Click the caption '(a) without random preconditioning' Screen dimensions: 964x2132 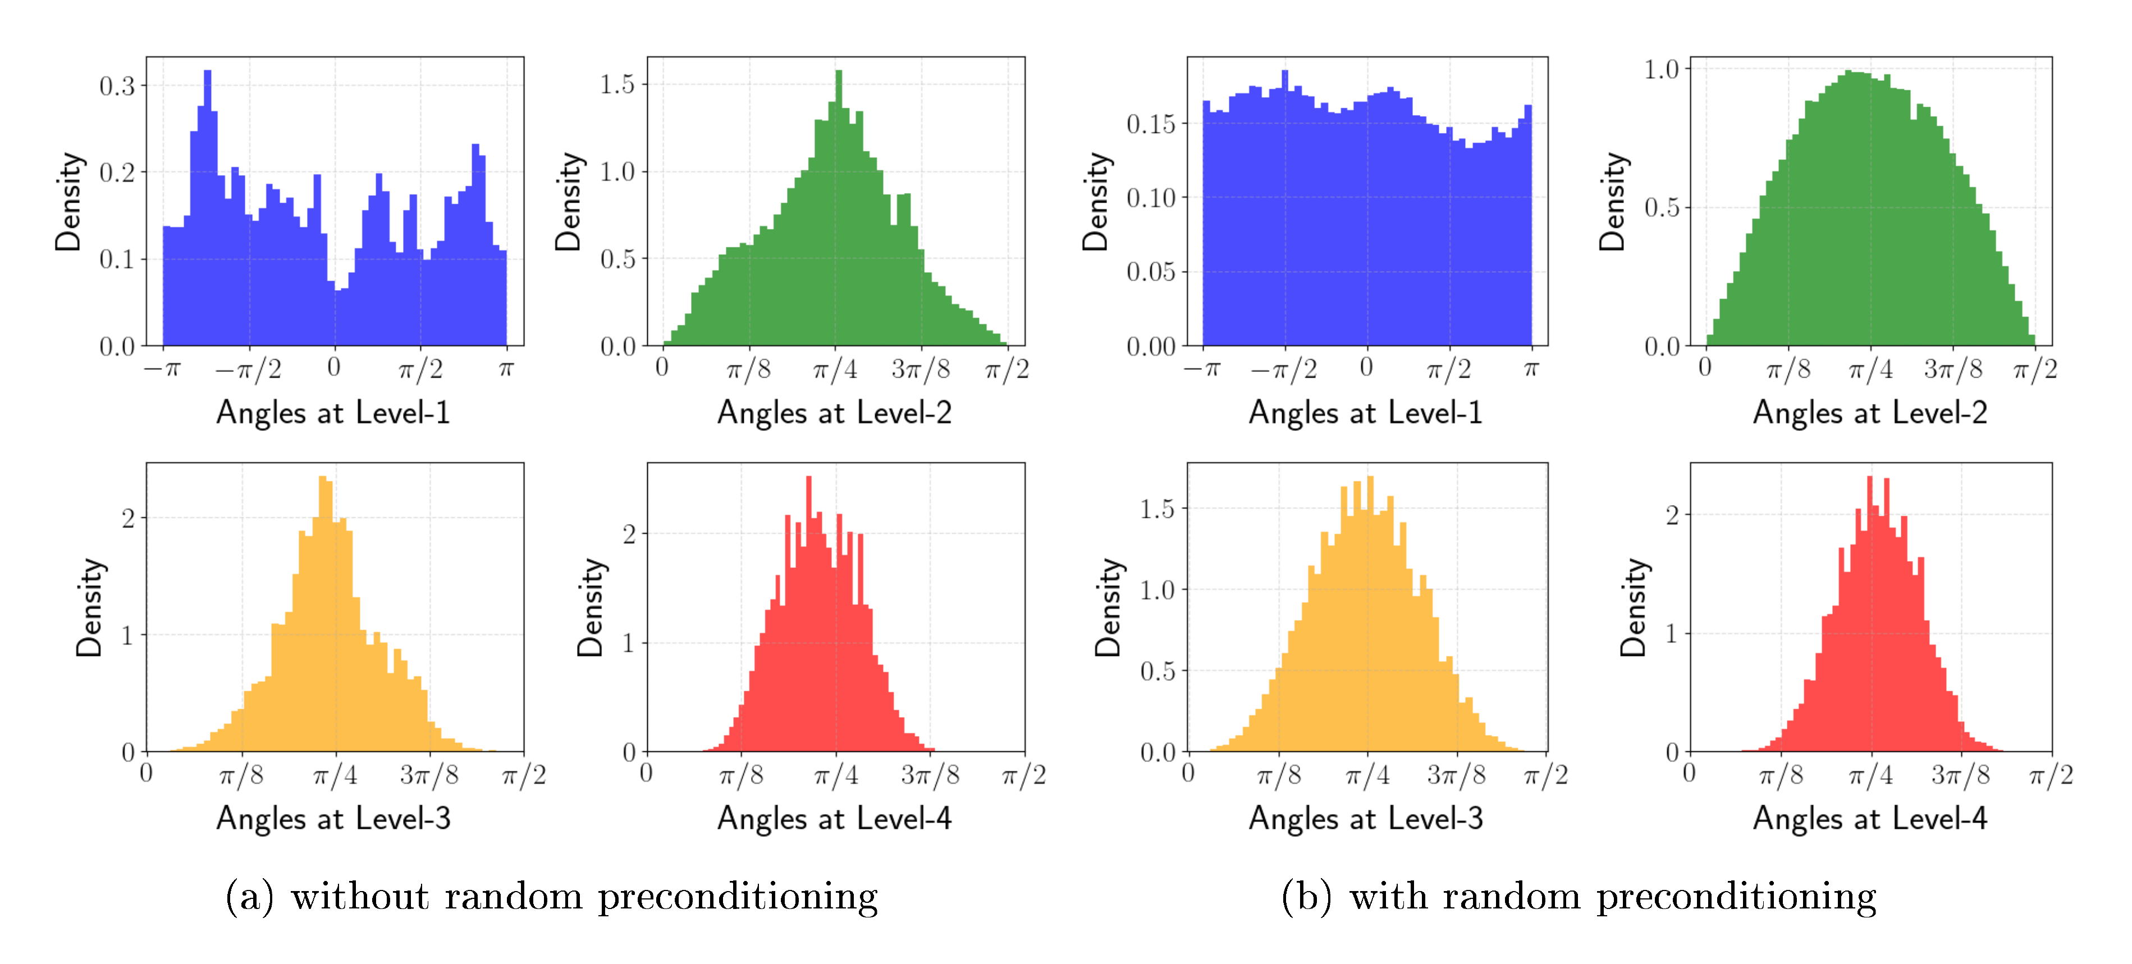tap(551, 897)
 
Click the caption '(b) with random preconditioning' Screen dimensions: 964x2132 tap(1579, 897)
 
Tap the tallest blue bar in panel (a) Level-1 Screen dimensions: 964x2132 tap(207, 207)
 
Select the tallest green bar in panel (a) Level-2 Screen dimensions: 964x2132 tap(839, 207)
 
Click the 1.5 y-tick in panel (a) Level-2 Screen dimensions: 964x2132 tap(617, 84)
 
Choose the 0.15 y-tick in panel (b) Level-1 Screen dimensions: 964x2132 tap(1150, 124)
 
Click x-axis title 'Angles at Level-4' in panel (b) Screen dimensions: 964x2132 tap(1870, 818)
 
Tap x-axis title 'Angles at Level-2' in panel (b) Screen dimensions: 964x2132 tap(1870, 412)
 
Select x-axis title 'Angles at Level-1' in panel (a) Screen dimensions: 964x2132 tap(333, 412)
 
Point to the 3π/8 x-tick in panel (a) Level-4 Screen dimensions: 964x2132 tap(930, 775)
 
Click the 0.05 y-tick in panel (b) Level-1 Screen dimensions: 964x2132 tap(1150, 272)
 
